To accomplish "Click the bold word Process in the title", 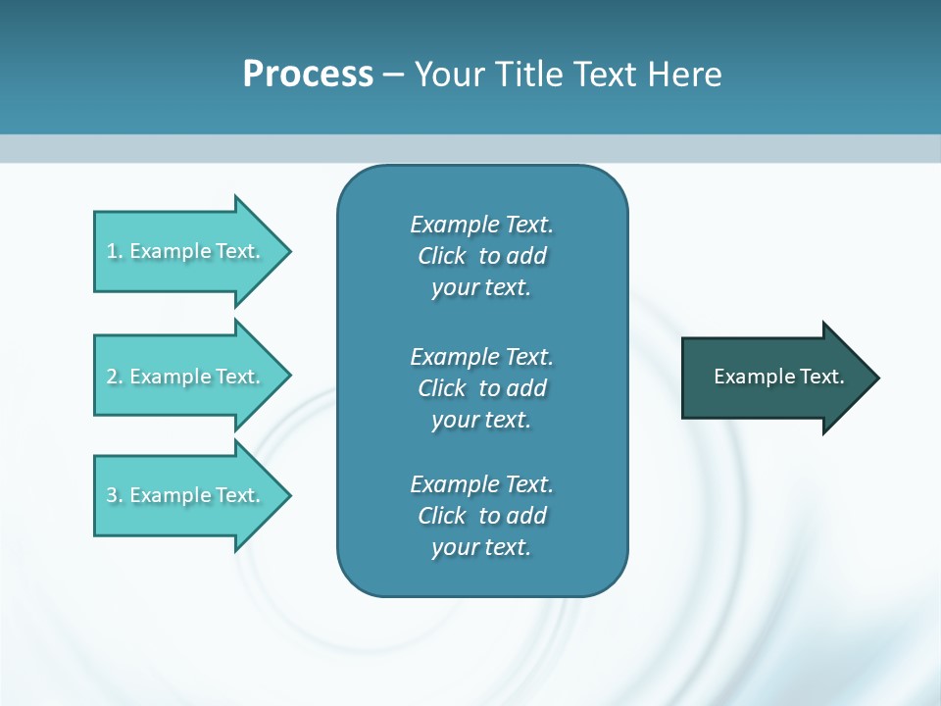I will pos(308,75).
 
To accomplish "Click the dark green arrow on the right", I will pos(774,377).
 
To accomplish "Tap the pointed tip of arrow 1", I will pos(287,251).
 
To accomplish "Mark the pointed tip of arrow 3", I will pos(287,495).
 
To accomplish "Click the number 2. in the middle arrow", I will pos(115,377).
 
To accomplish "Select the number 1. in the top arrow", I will pos(115,251).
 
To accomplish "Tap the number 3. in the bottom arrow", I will pos(115,495).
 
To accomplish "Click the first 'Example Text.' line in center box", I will pos(481,225).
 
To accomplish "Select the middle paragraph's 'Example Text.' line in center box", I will pos(481,356).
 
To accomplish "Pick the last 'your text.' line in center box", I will pos(481,547).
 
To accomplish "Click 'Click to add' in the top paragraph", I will pos(481,256).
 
